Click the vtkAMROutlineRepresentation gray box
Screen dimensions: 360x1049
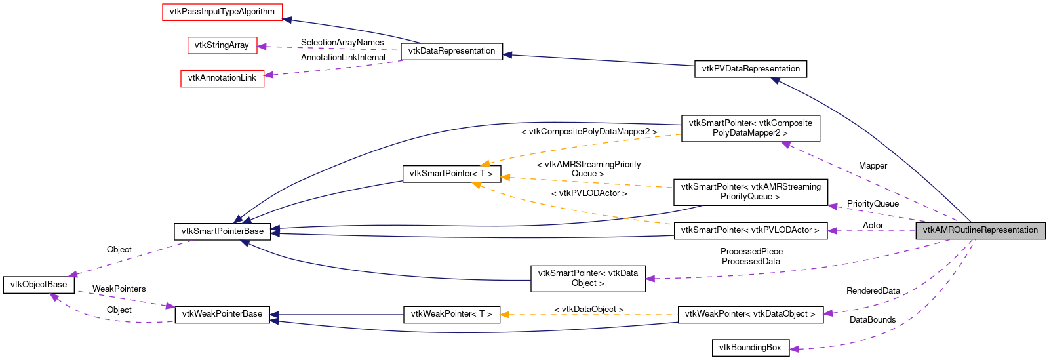point(980,230)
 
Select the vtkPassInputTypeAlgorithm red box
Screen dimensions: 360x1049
point(222,12)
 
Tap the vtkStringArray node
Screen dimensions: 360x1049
point(222,45)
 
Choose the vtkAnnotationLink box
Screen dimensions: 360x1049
point(222,78)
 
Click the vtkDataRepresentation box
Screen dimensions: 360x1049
point(451,51)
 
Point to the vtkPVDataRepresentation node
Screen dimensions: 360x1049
point(750,69)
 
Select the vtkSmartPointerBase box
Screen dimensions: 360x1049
point(222,231)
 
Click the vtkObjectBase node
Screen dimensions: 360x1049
point(39,285)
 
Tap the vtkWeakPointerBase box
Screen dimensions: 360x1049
point(222,314)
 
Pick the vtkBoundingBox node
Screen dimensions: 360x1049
point(750,348)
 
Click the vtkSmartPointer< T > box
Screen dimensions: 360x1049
point(451,174)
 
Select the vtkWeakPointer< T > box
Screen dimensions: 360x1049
point(452,314)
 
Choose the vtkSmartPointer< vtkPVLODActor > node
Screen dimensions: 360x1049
point(750,230)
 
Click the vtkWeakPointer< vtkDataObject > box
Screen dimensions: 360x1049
point(750,314)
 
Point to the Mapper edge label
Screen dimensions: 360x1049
point(873,166)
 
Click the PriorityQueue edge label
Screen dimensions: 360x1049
point(873,204)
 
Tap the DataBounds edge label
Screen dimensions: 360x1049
point(873,320)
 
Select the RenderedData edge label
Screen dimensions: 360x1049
point(873,291)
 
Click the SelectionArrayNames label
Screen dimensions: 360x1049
point(342,43)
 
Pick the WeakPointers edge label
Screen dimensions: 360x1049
point(119,289)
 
